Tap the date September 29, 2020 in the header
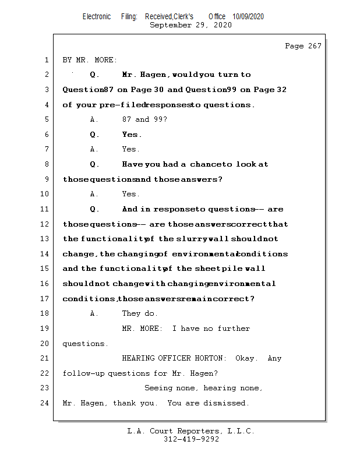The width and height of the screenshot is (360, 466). tap(190, 25)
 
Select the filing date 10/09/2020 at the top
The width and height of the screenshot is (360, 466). tap(248, 17)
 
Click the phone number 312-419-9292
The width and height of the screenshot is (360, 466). tap(191, 439)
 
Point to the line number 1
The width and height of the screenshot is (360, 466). tap(46, 60)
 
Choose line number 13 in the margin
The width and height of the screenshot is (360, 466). tap(45, 239)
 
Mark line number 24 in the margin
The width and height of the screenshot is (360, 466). tap(45, 403)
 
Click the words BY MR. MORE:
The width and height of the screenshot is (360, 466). tap(90, 60)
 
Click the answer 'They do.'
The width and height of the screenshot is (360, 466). tap(140, 313)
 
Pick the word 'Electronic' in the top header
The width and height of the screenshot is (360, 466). tap(96, 17)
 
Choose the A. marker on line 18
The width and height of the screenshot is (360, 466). tap(94, 313)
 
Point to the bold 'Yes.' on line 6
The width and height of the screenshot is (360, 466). tap(132, 135)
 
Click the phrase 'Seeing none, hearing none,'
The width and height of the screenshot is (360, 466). tap(203, 388)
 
